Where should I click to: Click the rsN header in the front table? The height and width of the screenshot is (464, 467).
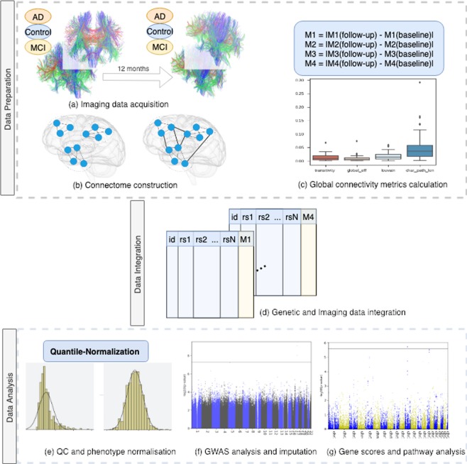coord(228,240)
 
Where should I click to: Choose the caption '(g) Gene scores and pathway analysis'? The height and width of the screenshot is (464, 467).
coord(396,451)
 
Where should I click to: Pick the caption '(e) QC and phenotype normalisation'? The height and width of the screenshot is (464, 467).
coord(94,451)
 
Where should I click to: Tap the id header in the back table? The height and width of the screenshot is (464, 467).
coord(234,216)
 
